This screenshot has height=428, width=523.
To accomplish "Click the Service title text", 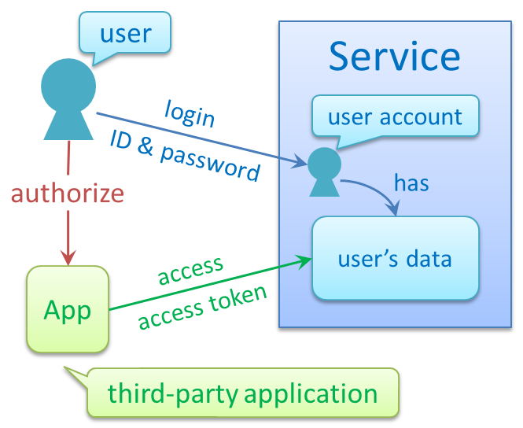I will (x=394, y=57).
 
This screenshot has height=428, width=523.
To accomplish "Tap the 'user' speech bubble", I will (x=125, y=33).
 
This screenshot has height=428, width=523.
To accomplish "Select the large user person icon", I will (x=68, y=98).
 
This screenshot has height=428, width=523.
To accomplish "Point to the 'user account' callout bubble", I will (x=395, y=117).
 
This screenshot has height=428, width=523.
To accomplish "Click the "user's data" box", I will (x=395, y=258).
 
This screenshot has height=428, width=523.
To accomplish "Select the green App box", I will (x=68, y=309).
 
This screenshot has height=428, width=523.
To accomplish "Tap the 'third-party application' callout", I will (x=242, y=393).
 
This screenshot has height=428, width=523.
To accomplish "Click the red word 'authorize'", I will (x=68, y=193).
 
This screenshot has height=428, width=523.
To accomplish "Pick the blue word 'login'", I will (x=190, y=113).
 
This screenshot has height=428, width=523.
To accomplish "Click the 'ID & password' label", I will (x=186, y=156).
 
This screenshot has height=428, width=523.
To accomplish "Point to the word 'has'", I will (x=411, y=183).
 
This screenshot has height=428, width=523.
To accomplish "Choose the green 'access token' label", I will (x=203, y=308).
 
